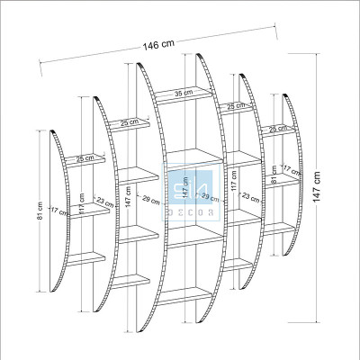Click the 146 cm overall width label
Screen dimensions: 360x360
click(x=157, y=47)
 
